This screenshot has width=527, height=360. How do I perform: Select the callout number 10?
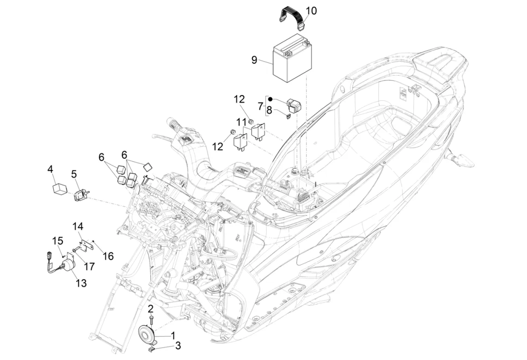[311, 11]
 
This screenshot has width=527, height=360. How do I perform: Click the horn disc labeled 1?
[147, 333]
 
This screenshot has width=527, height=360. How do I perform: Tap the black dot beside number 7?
[270, 99]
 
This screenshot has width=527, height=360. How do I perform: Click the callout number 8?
[269, 110]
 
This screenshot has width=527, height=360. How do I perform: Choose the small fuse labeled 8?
[288, 116]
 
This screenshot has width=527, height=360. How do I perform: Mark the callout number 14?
[78, 226]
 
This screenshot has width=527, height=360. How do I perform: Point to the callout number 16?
[108, 256]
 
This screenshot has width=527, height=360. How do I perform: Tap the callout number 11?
[241, 122]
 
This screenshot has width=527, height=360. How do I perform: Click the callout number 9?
[254, 60]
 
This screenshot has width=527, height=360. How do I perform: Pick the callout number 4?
[50, 169]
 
